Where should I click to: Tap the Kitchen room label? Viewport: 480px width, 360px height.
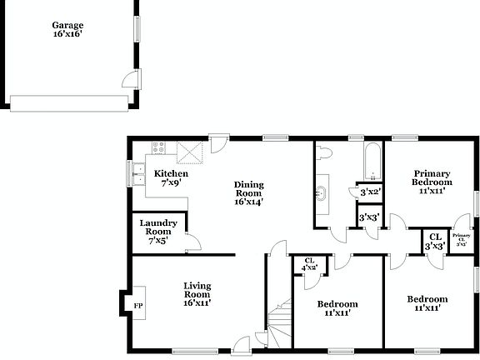[172, 178]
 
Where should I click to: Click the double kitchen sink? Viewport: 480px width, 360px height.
[137, 175]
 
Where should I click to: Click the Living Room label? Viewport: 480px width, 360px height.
[197, 294]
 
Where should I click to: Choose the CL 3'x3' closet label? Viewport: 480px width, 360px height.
[433, 242]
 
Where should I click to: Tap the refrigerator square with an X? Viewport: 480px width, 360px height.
[191, 152]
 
